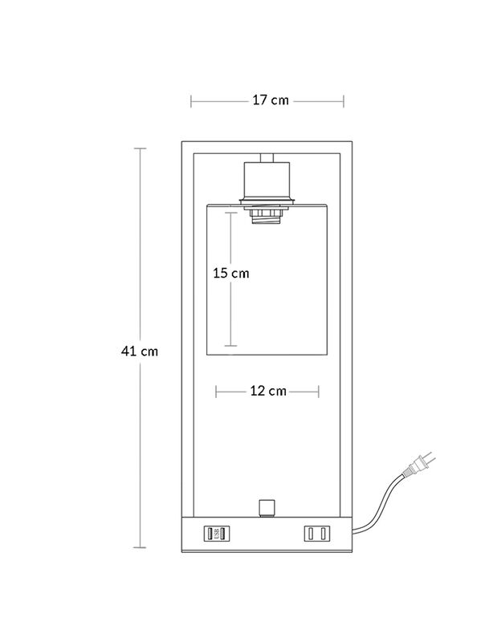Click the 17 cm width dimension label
pos(271,100)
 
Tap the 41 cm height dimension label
pos(140,351)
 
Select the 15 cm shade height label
pos(230,273)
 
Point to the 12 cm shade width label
pos(268,391)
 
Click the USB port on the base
pos(217,534)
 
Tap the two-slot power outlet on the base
pos(316,534)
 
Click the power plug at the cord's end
pos(419,464)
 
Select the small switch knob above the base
pos(267,508)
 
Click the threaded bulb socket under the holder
pos(267,217)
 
